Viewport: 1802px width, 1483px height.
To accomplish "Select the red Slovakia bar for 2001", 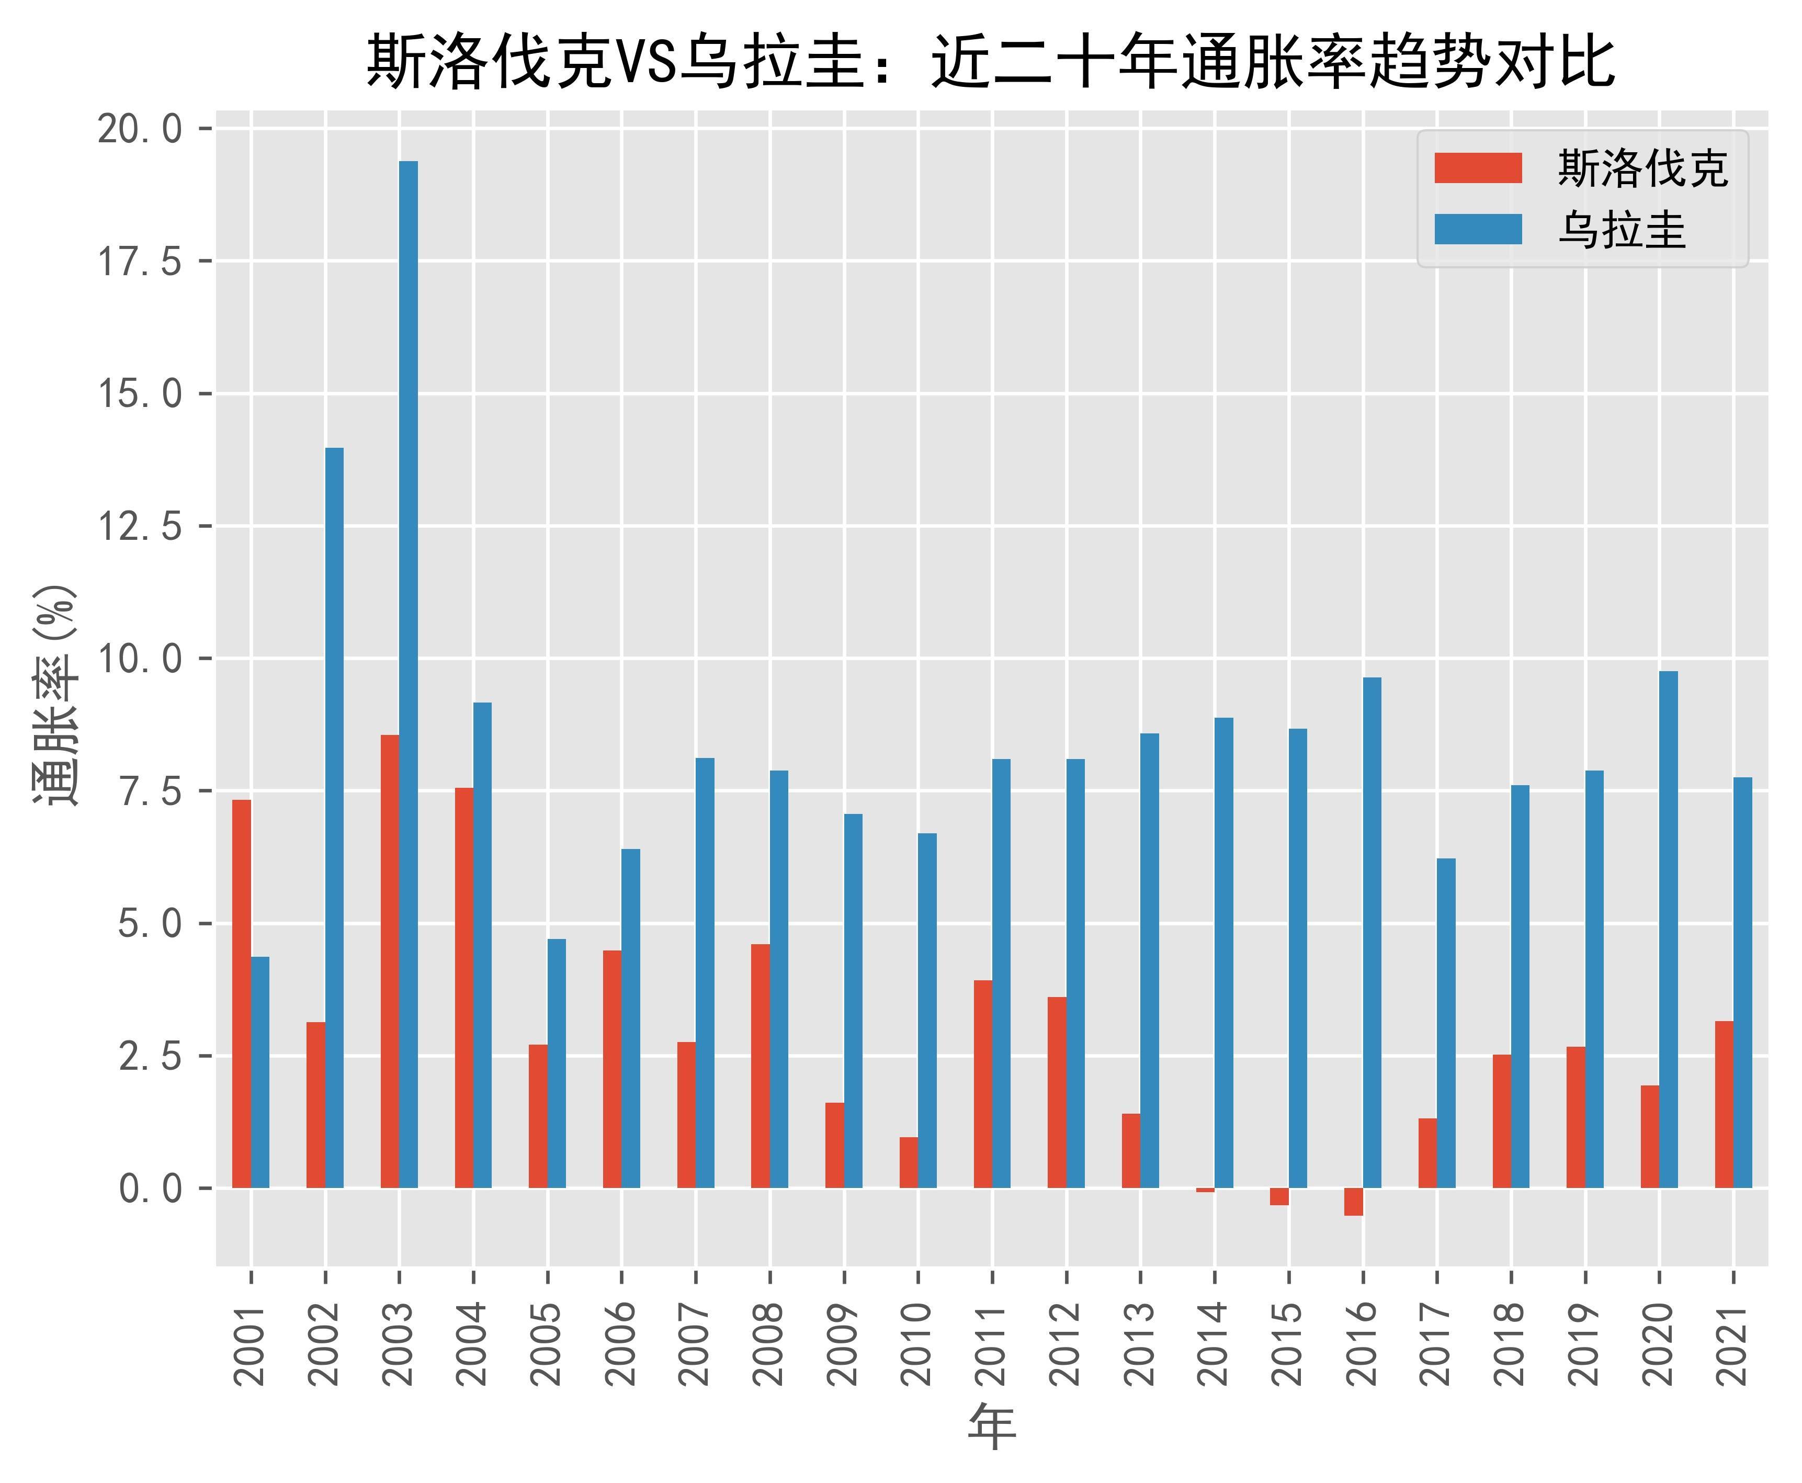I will tap(242, 993).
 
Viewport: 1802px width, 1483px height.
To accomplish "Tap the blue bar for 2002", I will tap(334, 818).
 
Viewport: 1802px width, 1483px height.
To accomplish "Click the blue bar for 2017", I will tap(1446, 1023).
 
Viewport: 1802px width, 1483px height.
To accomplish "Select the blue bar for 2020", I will tap(1668, 930).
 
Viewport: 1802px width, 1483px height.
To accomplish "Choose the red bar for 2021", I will tap(1724, 1104).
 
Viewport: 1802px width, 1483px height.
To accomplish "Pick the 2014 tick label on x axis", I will tap(1214, 1344).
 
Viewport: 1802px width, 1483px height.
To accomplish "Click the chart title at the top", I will tap(991, 62).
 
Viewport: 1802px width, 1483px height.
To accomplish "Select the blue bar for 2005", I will tap(556, 1063).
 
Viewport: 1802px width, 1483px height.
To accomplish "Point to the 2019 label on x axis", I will tap(1584, 1344).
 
